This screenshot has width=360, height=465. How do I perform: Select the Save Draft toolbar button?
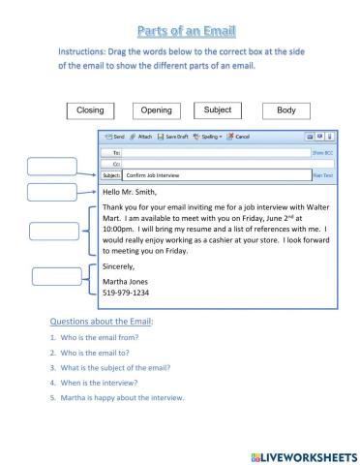click(174, 138)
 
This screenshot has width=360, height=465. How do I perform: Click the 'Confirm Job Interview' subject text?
click(153, 176)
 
